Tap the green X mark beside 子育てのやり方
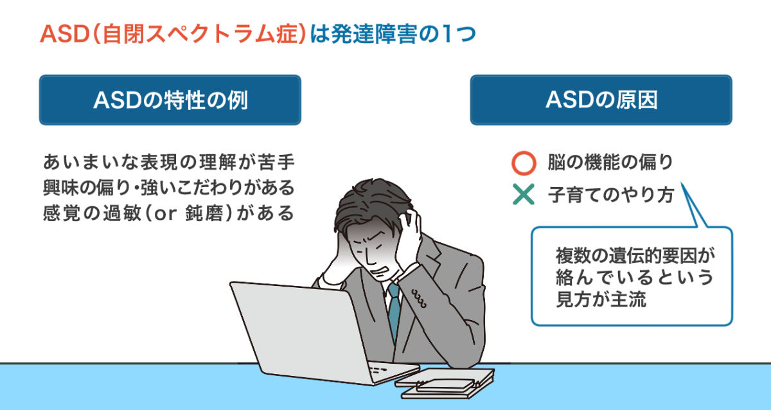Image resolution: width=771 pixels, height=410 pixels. [x=524, y=194]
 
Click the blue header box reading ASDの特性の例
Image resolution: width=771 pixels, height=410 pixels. [x=170, y=100]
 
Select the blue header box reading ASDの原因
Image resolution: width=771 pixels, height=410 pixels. [x=601, y=100]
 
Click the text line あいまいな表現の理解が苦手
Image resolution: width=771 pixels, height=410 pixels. [x=168, y=162]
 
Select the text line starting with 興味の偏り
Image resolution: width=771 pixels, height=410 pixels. [x=168, y=188]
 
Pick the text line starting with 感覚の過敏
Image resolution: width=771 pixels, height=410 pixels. [x=168, y=213]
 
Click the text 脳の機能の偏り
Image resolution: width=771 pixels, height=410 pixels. [x=610, y=162]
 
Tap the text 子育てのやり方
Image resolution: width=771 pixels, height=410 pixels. [x=611, y=195]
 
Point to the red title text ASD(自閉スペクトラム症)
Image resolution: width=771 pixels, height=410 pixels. [x=173, y=34]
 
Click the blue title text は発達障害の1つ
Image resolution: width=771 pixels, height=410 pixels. [x=393, y=34]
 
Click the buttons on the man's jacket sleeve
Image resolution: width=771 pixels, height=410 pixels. [x=419, y=298]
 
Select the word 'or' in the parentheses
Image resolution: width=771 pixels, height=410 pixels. [x=165, y=214]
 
